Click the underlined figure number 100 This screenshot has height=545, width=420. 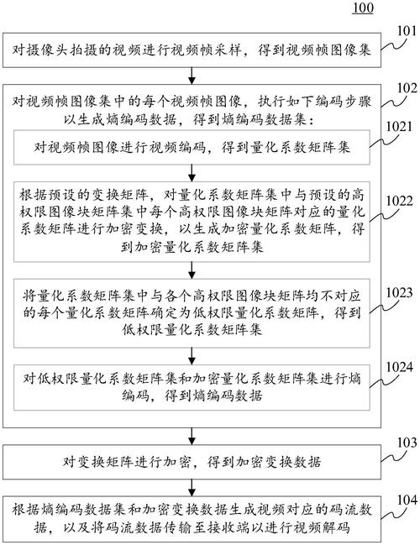[x=364, y=8]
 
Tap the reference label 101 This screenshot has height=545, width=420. [x=406, y=31]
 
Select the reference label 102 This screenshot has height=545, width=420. [x=407, y=88]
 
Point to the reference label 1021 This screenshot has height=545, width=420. [x=399, y=127]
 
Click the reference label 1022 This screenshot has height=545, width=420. [x=400, y=202]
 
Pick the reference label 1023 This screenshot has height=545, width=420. [x=400, y=293]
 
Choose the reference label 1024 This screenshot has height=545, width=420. [x=400, y=367]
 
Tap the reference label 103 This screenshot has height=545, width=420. [x=407, y=443]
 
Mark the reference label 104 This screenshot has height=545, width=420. [x=407, y=500]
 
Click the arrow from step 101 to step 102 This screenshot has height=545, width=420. [x=192, y=76]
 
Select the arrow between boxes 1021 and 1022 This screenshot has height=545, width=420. [x=192, y=173]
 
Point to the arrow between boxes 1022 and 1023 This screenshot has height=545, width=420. [x=192, y=270]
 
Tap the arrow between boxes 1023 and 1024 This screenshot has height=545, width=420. [x=192, y=356]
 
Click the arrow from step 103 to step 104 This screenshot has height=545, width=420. [x=192, y=488]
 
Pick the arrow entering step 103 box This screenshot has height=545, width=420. [x=192, y=436]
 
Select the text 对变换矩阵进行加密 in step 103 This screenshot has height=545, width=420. [x=127, y=462]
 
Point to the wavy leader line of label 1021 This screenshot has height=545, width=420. [x=381, y=141]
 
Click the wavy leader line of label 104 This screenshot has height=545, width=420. [x=394, y=515]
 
